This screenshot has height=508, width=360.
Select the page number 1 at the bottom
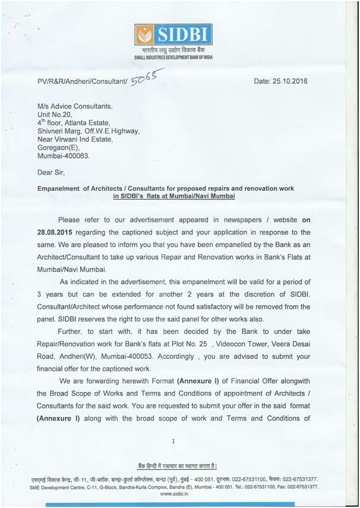173,441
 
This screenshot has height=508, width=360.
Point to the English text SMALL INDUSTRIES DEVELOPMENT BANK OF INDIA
173,58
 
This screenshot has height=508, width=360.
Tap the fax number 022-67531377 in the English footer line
294,486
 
